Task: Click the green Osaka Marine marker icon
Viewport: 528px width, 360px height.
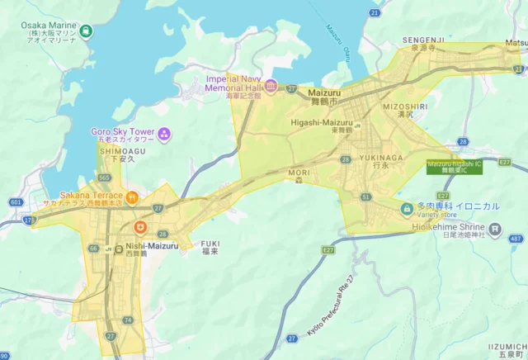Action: click(87, 31)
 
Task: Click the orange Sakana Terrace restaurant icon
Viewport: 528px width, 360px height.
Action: click(132, 196)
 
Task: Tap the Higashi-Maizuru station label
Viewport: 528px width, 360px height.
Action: click(321, 123)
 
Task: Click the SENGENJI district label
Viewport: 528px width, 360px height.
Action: click(424, 40)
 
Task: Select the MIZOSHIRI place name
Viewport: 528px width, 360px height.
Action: click(405, 107)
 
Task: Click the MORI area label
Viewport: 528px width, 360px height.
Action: click(299, 172)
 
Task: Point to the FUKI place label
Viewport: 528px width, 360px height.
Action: click(210, 244)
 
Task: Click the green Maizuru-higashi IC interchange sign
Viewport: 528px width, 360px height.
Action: click(455, 166)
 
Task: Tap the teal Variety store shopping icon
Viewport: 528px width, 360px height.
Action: click(406, 209)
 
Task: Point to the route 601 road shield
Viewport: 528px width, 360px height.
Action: click(16, 202)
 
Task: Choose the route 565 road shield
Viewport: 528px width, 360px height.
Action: click(104, 178)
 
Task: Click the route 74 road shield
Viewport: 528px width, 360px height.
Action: click(127, 320)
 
